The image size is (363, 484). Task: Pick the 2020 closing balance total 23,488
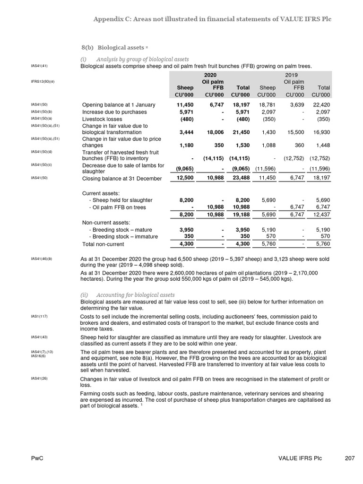(x=240, y=178)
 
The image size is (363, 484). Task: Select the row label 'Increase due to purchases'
(x=114, y=112)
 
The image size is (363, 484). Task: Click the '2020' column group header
(x=210, y=75)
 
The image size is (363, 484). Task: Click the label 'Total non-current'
(x=103, y=244)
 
